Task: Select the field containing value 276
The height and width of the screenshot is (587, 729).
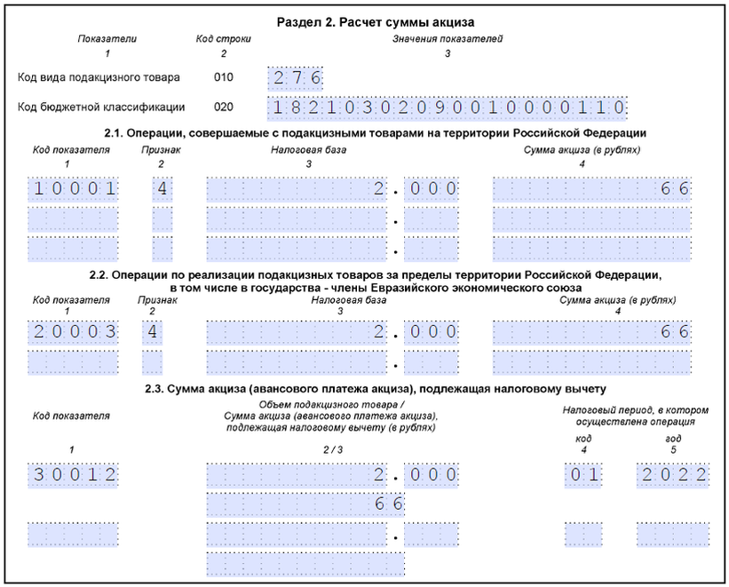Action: (x=295, y=78)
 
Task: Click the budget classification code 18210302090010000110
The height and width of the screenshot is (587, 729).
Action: (x=448, y=108)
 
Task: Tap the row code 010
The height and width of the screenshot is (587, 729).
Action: (x=224, y=77)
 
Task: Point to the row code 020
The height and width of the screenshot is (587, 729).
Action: (x=224, y=107)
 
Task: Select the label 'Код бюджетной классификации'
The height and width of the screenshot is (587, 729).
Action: (x=101, y=107)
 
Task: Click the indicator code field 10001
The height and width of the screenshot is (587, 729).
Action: (x=75, y=188)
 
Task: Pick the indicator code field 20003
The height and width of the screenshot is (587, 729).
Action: (x=75, y=332)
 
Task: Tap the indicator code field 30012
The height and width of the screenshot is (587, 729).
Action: (x=75, y=475)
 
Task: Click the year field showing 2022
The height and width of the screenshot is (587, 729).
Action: (x=673, y=475)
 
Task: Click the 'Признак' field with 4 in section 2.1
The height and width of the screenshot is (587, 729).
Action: (x=162, y=188)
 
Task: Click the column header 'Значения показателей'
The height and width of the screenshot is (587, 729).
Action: (x=448, y=39)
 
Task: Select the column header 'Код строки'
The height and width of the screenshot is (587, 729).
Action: (x=223, y=39)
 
